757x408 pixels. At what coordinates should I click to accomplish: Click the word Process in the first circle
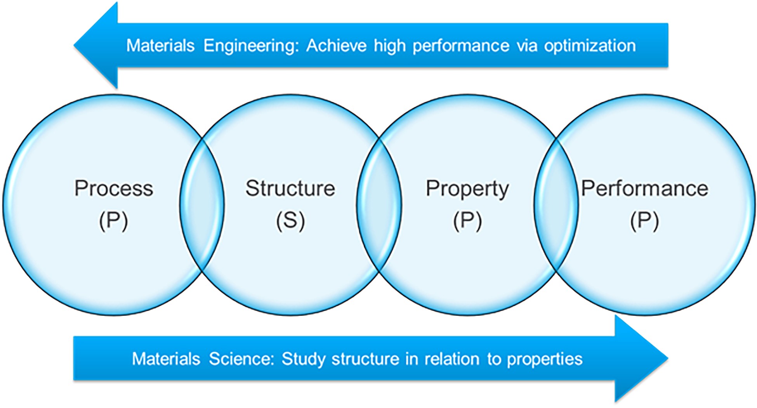[x=114, y=188]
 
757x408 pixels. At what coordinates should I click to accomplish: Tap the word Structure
[x=290, y=188]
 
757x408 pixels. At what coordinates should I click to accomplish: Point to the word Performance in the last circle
[x=645, y=188]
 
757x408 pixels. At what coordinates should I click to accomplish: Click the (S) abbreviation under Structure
[x=290, y=221]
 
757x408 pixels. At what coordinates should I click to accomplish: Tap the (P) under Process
[x=113, y=221]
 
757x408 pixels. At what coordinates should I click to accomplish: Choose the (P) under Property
[x=467, y=221]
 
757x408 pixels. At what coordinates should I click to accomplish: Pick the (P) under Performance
[x=644, y=221]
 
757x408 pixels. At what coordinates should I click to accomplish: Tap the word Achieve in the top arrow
[x=336, y=45]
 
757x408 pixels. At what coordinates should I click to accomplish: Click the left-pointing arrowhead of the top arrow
[x=96, y=45]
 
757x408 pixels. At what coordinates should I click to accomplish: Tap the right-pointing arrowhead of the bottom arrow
[x=641, y=359]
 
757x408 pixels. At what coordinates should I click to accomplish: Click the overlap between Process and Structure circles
[x=202, y=204]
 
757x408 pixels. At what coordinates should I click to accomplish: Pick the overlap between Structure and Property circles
[x=379, y=204]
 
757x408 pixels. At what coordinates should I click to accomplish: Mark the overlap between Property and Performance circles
[x=556, y=204]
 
